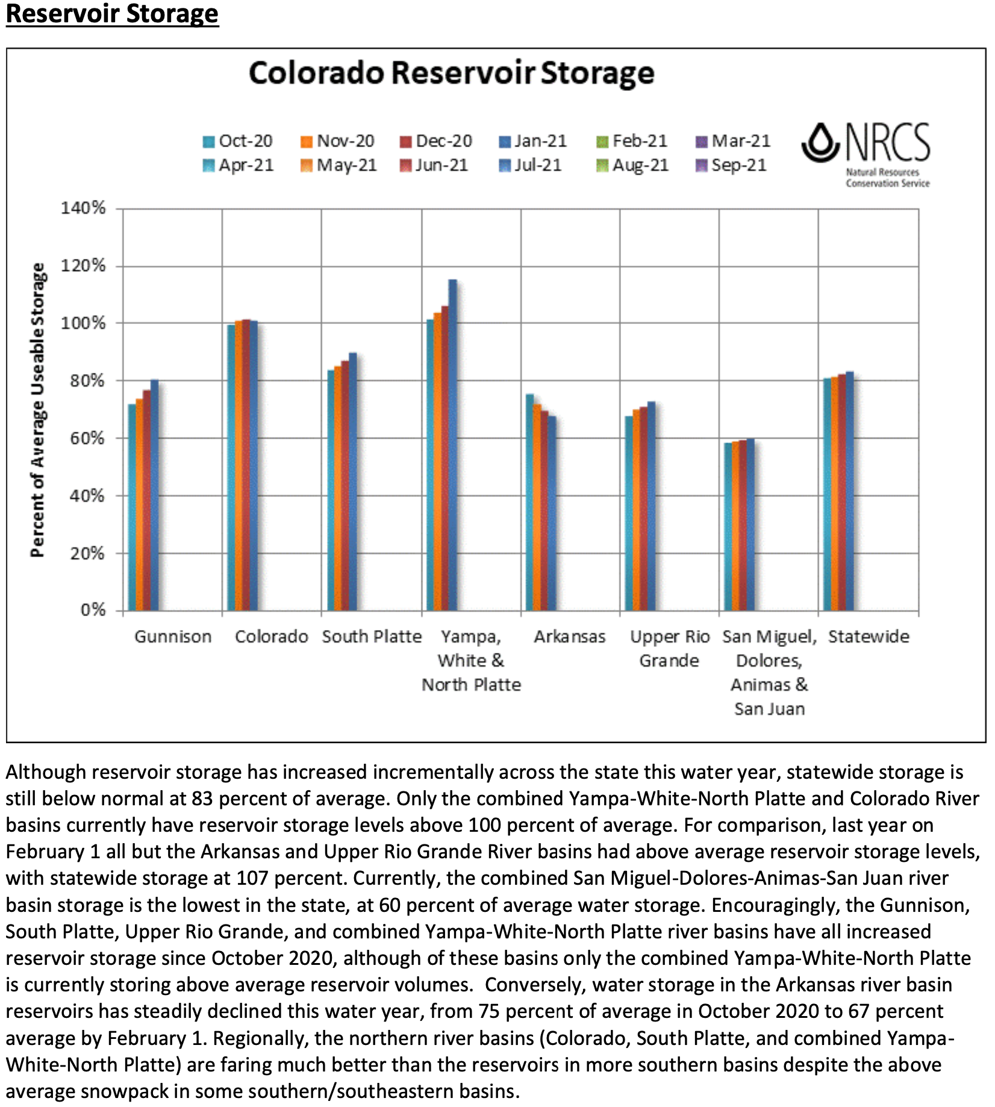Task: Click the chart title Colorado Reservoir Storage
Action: (x=451, y=73)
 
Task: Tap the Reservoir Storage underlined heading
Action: (x=112, y=13)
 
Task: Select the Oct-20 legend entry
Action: (x=237, y=141)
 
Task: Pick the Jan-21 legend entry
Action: (x=532, y=141)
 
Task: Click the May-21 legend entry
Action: (x=338, y=165)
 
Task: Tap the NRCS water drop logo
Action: (x=820, y=143)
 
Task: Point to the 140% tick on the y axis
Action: (x=83, y=208)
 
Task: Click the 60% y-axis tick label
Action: (x=86, y=438)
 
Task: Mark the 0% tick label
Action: (x=93, y=610)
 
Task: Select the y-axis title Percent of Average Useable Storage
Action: (x=37, y=410)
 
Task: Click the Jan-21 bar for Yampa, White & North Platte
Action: (x=453, y=446)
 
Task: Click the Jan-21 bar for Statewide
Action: (x=850, y=491)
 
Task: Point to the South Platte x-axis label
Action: (x=372, y=637)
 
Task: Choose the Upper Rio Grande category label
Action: (x=669, y=649)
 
